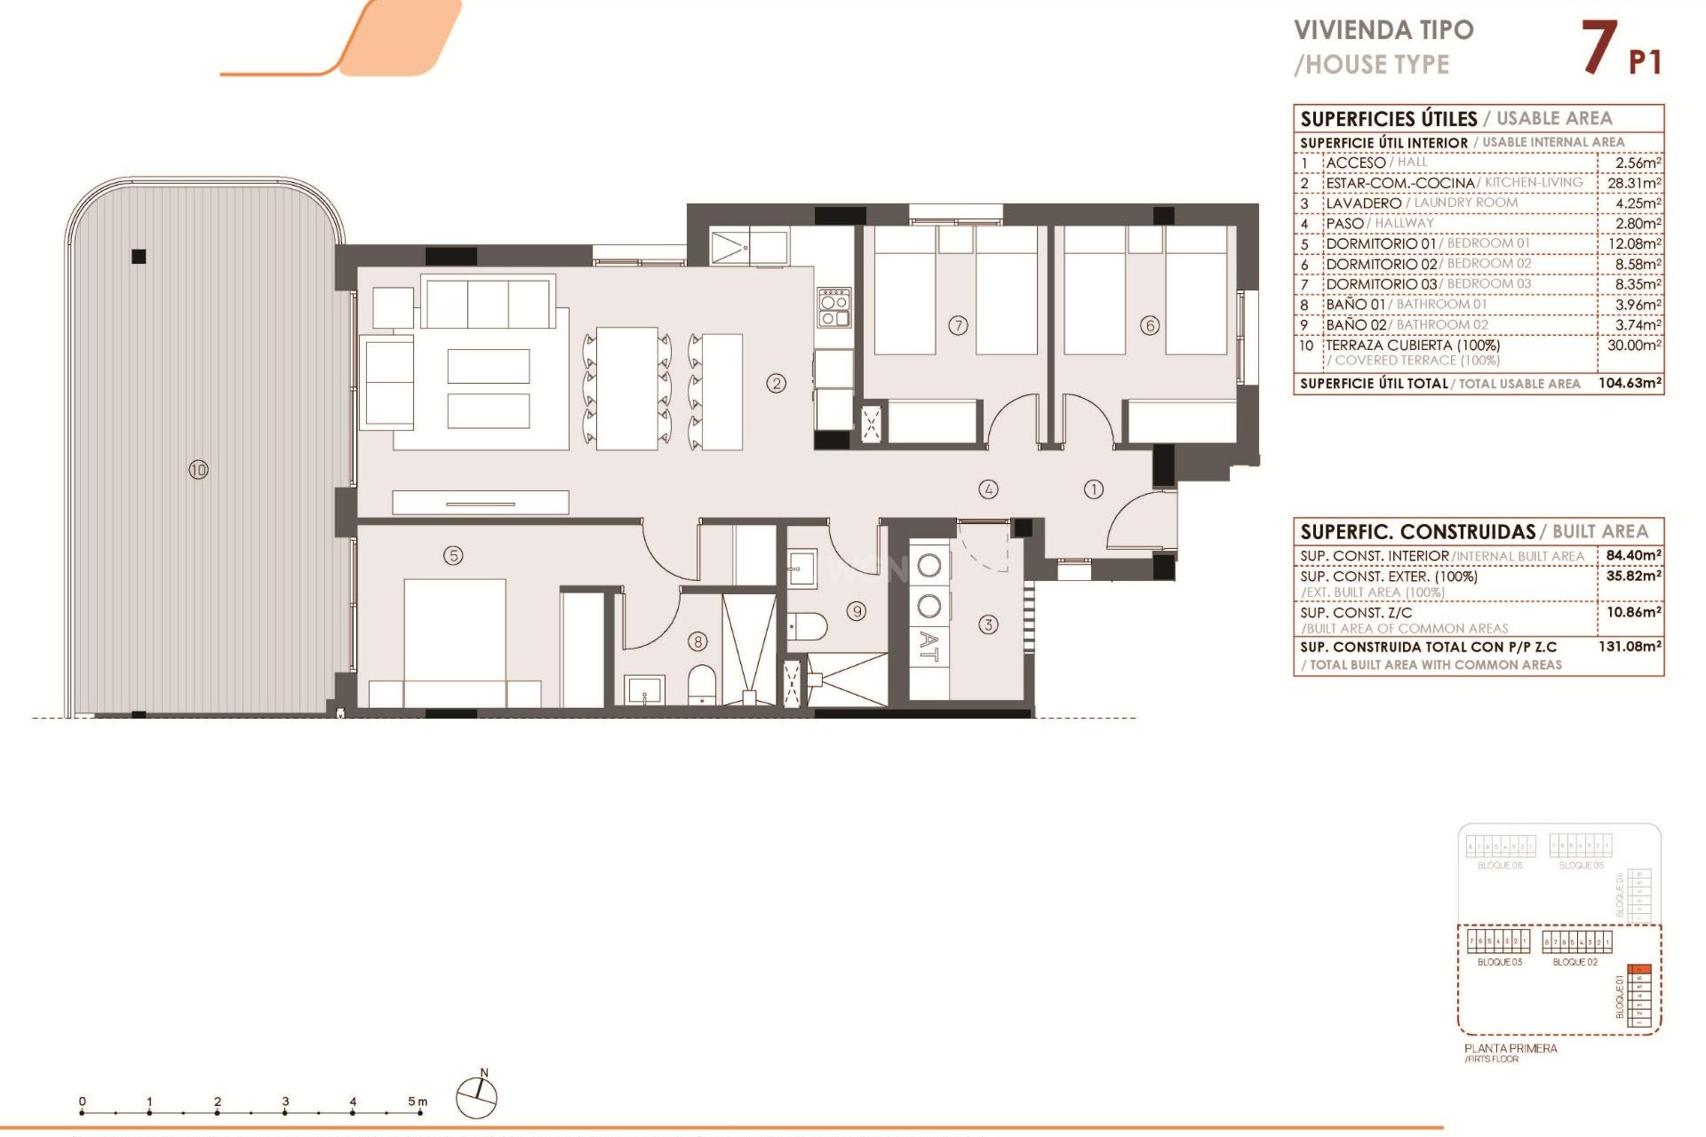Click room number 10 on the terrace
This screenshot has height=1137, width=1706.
198,469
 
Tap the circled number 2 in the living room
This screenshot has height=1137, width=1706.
777,384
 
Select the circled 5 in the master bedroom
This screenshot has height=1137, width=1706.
453,555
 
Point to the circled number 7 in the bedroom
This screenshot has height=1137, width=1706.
958,325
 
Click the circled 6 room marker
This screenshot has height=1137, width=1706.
1150,325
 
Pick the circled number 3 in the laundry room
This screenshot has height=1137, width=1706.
988,624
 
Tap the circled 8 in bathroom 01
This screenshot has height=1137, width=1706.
698,641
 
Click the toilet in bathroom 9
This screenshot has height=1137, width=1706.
808,626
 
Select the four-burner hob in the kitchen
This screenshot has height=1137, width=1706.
834,307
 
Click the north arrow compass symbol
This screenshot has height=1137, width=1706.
477,1096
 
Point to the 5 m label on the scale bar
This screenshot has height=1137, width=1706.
417,1101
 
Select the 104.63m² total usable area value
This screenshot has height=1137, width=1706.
1630,384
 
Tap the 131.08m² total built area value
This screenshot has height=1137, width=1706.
1630,647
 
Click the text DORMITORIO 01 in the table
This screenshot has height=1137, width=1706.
1380,243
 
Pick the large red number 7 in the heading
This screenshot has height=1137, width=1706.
1598,48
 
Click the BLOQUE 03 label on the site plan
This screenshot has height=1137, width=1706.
1499,962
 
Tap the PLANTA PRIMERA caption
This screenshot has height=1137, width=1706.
1511,1048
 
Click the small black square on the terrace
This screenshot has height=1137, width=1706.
139,257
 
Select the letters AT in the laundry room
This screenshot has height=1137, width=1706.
929,646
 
